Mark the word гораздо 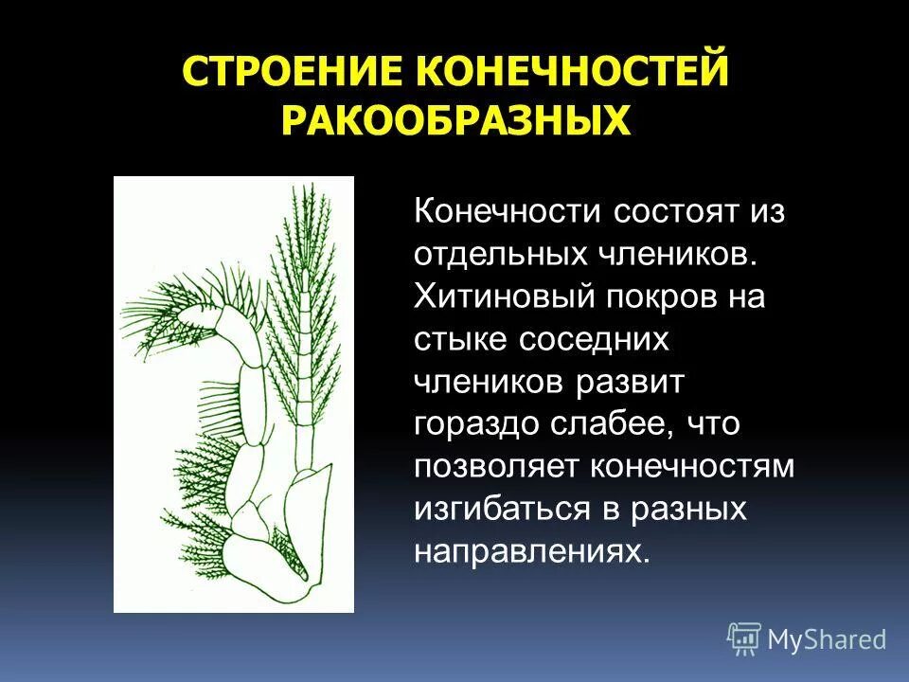pos(473,424)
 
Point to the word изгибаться pos(502,510)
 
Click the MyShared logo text pos(827,639)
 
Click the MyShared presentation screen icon pos(744,638)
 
